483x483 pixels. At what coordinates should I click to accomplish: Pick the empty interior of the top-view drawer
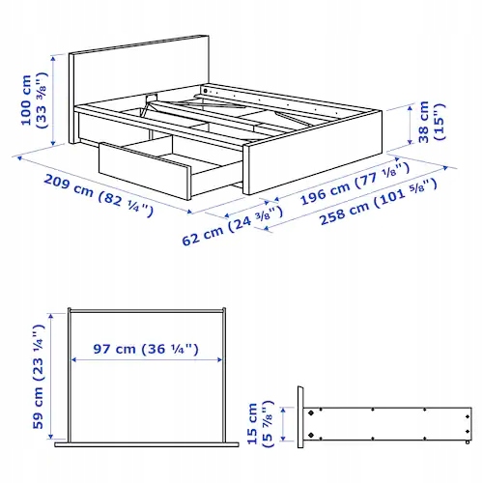pyautogui.click(x=146, y=396)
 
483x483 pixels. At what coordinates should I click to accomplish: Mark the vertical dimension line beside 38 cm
pyautogui.click(x=428, y=120)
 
